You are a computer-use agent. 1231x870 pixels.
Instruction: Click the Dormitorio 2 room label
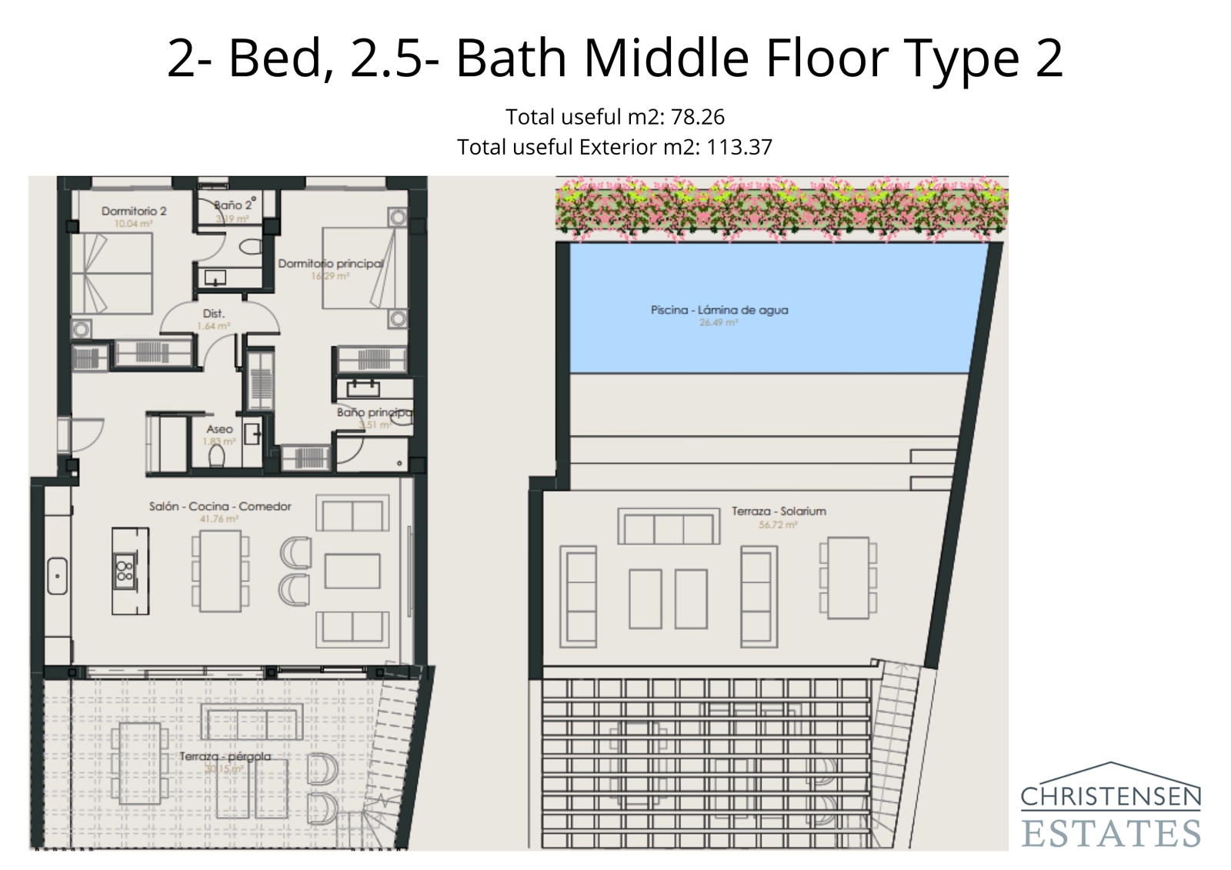(134, 211)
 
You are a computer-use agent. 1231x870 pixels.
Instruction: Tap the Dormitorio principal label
(331, 264)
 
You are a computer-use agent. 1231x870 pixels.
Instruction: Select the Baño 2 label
(233, 205)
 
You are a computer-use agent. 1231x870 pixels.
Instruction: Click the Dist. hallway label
(213, 314)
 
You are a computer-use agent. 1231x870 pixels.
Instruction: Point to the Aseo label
(219, 429)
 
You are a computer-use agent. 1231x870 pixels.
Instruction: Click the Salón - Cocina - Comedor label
(220, 506)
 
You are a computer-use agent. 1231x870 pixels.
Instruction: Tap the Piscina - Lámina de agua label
(719, 310)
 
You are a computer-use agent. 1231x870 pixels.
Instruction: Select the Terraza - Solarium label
(779, 511)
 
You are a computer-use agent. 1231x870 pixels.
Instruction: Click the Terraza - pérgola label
(225, 756)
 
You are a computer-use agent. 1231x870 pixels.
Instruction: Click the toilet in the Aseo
(217, 457)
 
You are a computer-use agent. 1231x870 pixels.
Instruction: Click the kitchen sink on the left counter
(58, 575)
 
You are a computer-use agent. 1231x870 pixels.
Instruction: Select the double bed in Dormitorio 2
(112, 273)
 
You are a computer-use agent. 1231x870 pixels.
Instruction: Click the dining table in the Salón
(220, 571)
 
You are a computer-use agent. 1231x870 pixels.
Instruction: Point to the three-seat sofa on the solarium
(668, 528)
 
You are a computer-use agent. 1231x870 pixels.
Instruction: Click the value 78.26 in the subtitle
(697, 117)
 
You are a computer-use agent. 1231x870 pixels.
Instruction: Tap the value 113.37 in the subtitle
(739, 147)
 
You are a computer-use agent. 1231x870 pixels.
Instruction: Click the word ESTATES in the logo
(1110, 833)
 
